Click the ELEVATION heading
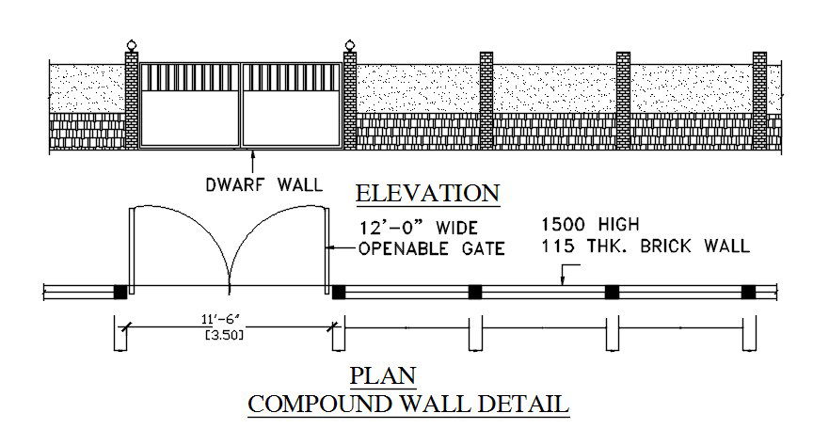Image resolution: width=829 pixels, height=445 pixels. [x=427, y=194]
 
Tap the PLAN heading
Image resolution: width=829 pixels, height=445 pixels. [x=383, y=376]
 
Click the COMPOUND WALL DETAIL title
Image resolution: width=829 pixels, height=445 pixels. [x=407, y=405]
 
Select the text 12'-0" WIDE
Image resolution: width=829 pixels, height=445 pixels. [x=418, y=229]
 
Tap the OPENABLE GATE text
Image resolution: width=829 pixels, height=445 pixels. [x=432, y=249]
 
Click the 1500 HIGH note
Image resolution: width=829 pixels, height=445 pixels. [x=590, y=225]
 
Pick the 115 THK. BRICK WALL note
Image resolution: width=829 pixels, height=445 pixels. [x=645, y=246]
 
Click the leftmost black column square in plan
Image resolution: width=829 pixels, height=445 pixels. [x=120, y=292]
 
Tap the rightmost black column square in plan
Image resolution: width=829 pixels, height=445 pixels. [x=748, y=292]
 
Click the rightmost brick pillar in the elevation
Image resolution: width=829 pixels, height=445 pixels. [x=759, y=100]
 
